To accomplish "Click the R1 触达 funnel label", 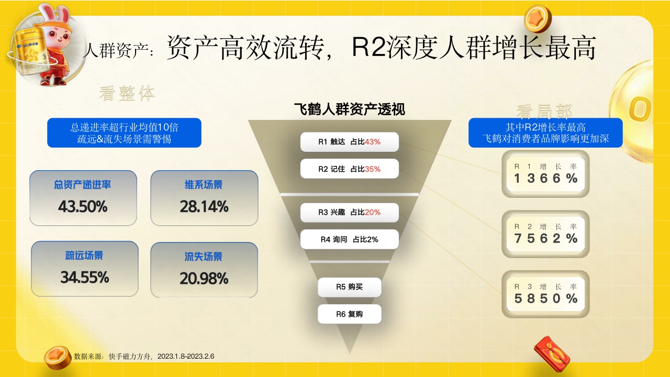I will pos(349,142).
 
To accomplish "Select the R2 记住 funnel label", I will pos(349,169).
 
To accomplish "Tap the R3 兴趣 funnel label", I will pos(349,212).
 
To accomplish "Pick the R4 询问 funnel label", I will pos(349,239).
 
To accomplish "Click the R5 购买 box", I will pos(349,287).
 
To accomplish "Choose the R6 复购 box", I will pos(349,314).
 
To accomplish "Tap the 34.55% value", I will pos(85,276).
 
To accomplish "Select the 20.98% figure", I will pos(204,278).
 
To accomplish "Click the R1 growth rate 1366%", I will pos(545,179).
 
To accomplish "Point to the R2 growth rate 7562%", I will pos(545,239).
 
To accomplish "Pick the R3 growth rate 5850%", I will pos(545,298).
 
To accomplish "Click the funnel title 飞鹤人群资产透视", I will pos(349,109).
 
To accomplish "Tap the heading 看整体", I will pos(127,94).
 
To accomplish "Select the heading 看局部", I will pos(544,112).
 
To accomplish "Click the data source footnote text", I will pos(144,356).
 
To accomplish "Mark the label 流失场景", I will pos(204,257).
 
